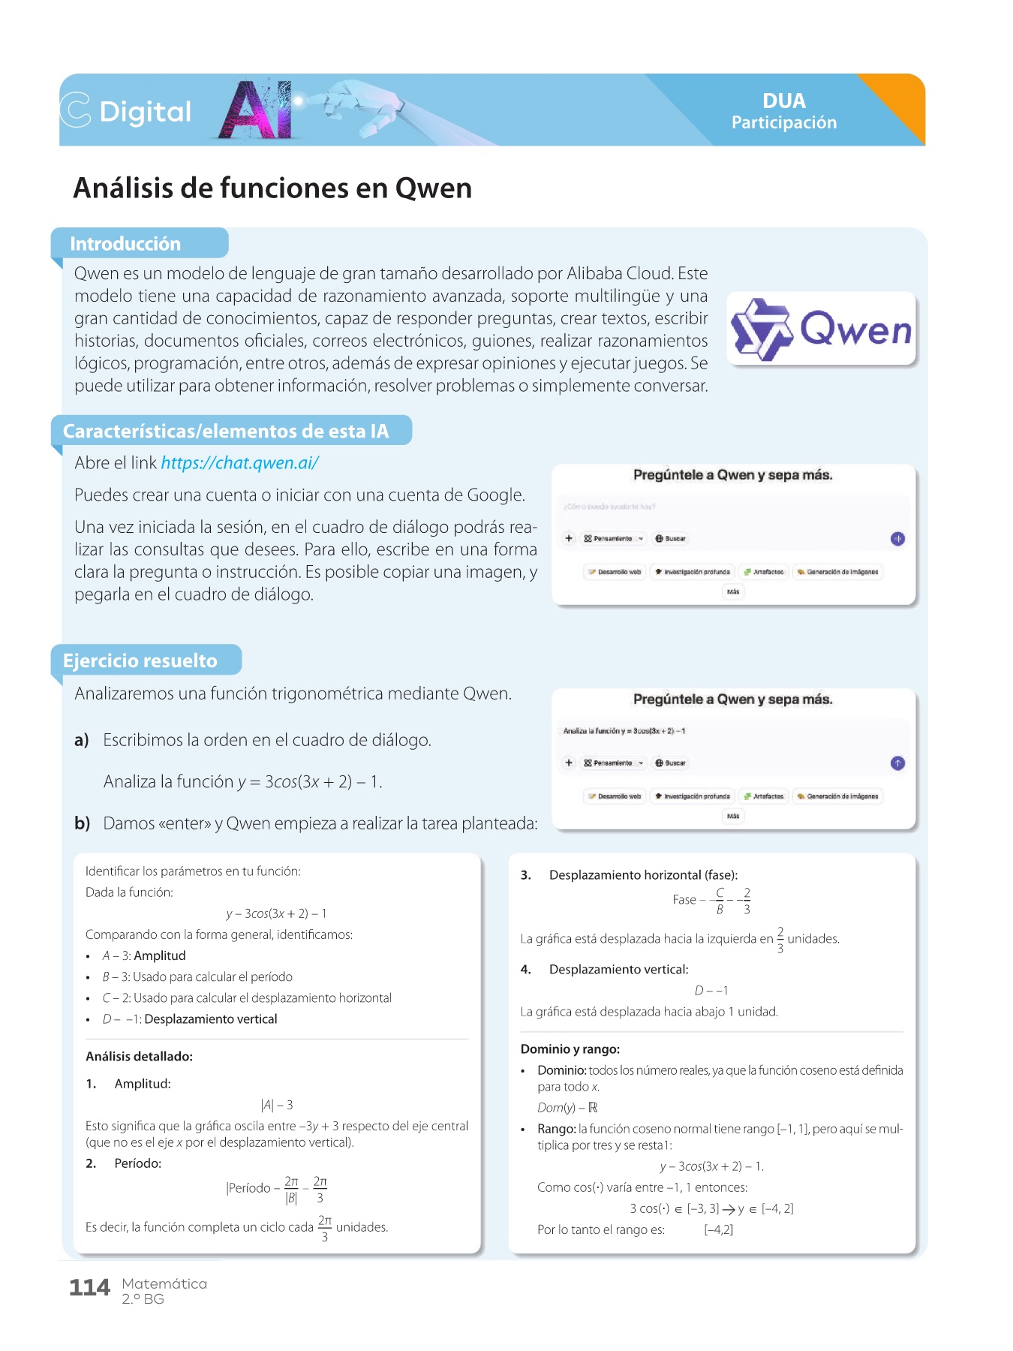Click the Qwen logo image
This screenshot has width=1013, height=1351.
[821, 329]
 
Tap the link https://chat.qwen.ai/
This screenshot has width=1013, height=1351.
[239, 463]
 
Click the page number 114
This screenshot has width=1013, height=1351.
[89, 1288]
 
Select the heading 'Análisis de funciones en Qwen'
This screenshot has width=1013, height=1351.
[272, 188]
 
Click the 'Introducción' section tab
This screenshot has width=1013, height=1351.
[125, 244]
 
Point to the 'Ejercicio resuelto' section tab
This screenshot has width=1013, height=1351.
[140, 660]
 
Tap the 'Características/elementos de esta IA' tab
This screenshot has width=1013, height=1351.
[226, 431]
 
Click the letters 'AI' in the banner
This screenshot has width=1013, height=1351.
[255, 111]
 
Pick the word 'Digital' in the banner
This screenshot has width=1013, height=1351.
[145, 112]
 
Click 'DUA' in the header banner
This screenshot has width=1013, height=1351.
[784, 101]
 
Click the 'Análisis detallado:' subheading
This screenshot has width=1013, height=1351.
[139, 1056]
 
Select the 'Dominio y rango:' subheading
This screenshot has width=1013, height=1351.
[570, 1049]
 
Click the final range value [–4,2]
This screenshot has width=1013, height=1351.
[718, 1229]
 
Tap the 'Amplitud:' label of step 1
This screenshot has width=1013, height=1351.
[143, 1083]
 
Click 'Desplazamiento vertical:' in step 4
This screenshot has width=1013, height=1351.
[618, 969]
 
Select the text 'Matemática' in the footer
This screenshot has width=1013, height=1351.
[164, 1283]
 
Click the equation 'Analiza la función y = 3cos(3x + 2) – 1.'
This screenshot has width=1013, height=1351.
[243, 781]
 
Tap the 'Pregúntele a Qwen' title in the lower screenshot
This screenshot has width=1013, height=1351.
[732, 699]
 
